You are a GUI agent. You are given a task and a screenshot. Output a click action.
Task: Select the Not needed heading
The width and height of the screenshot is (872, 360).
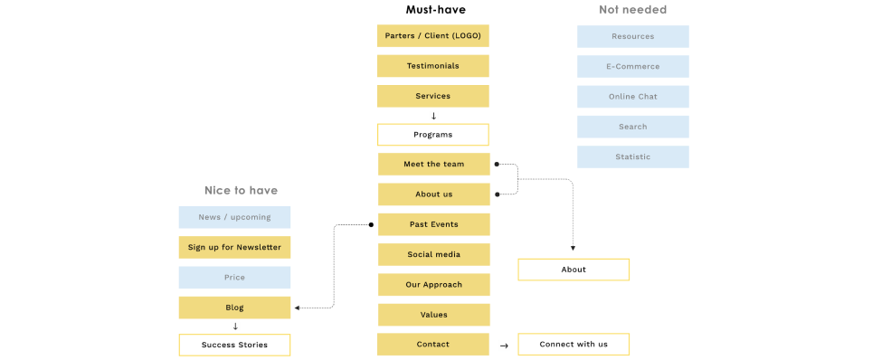(x=632, y=10)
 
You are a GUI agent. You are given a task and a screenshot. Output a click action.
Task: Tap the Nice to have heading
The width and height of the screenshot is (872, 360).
(x=241, y=191)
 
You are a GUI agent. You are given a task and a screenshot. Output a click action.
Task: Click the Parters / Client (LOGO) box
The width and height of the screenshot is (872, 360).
(x=432, y=36)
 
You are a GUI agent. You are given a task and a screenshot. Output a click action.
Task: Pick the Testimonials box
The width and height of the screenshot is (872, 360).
(x=432, y=66)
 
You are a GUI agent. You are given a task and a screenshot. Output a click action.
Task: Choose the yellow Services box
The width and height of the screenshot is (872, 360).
(x=432, y=96)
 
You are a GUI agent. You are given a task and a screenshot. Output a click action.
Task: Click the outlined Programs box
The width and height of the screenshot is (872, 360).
(x=432, y=135)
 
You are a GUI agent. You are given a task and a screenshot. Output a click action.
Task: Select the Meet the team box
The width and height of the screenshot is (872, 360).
(x=433, y=165)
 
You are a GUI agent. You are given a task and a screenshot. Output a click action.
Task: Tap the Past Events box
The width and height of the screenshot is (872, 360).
(x=433, y=224)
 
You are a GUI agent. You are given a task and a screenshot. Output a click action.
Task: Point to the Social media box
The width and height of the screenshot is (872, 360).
(x=433, y=254)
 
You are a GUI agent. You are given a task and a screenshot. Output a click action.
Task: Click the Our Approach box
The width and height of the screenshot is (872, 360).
(x=433, y=285)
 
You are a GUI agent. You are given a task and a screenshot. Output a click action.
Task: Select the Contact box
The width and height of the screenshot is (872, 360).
(x=432, y=345)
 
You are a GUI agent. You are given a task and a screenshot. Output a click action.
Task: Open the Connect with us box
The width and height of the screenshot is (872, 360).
(x=573, y=345)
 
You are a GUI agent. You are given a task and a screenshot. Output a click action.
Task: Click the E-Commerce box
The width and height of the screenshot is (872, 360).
(x=632, y=66)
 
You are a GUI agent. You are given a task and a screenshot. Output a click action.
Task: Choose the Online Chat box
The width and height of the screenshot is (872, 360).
(x=632, y=97)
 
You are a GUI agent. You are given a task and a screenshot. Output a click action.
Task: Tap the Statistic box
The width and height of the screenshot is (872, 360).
(x=632, y=157)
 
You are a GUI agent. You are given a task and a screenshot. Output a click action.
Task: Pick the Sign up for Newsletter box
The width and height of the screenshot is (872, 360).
(x=234, y=248)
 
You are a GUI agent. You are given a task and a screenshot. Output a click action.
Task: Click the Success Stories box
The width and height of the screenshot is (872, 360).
(x=234, y=345)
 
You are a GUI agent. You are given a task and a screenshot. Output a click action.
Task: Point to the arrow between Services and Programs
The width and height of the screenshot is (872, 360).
(x=433, y=116)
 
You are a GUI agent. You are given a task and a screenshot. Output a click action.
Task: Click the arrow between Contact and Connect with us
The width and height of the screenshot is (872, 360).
(x=504, y=346)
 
